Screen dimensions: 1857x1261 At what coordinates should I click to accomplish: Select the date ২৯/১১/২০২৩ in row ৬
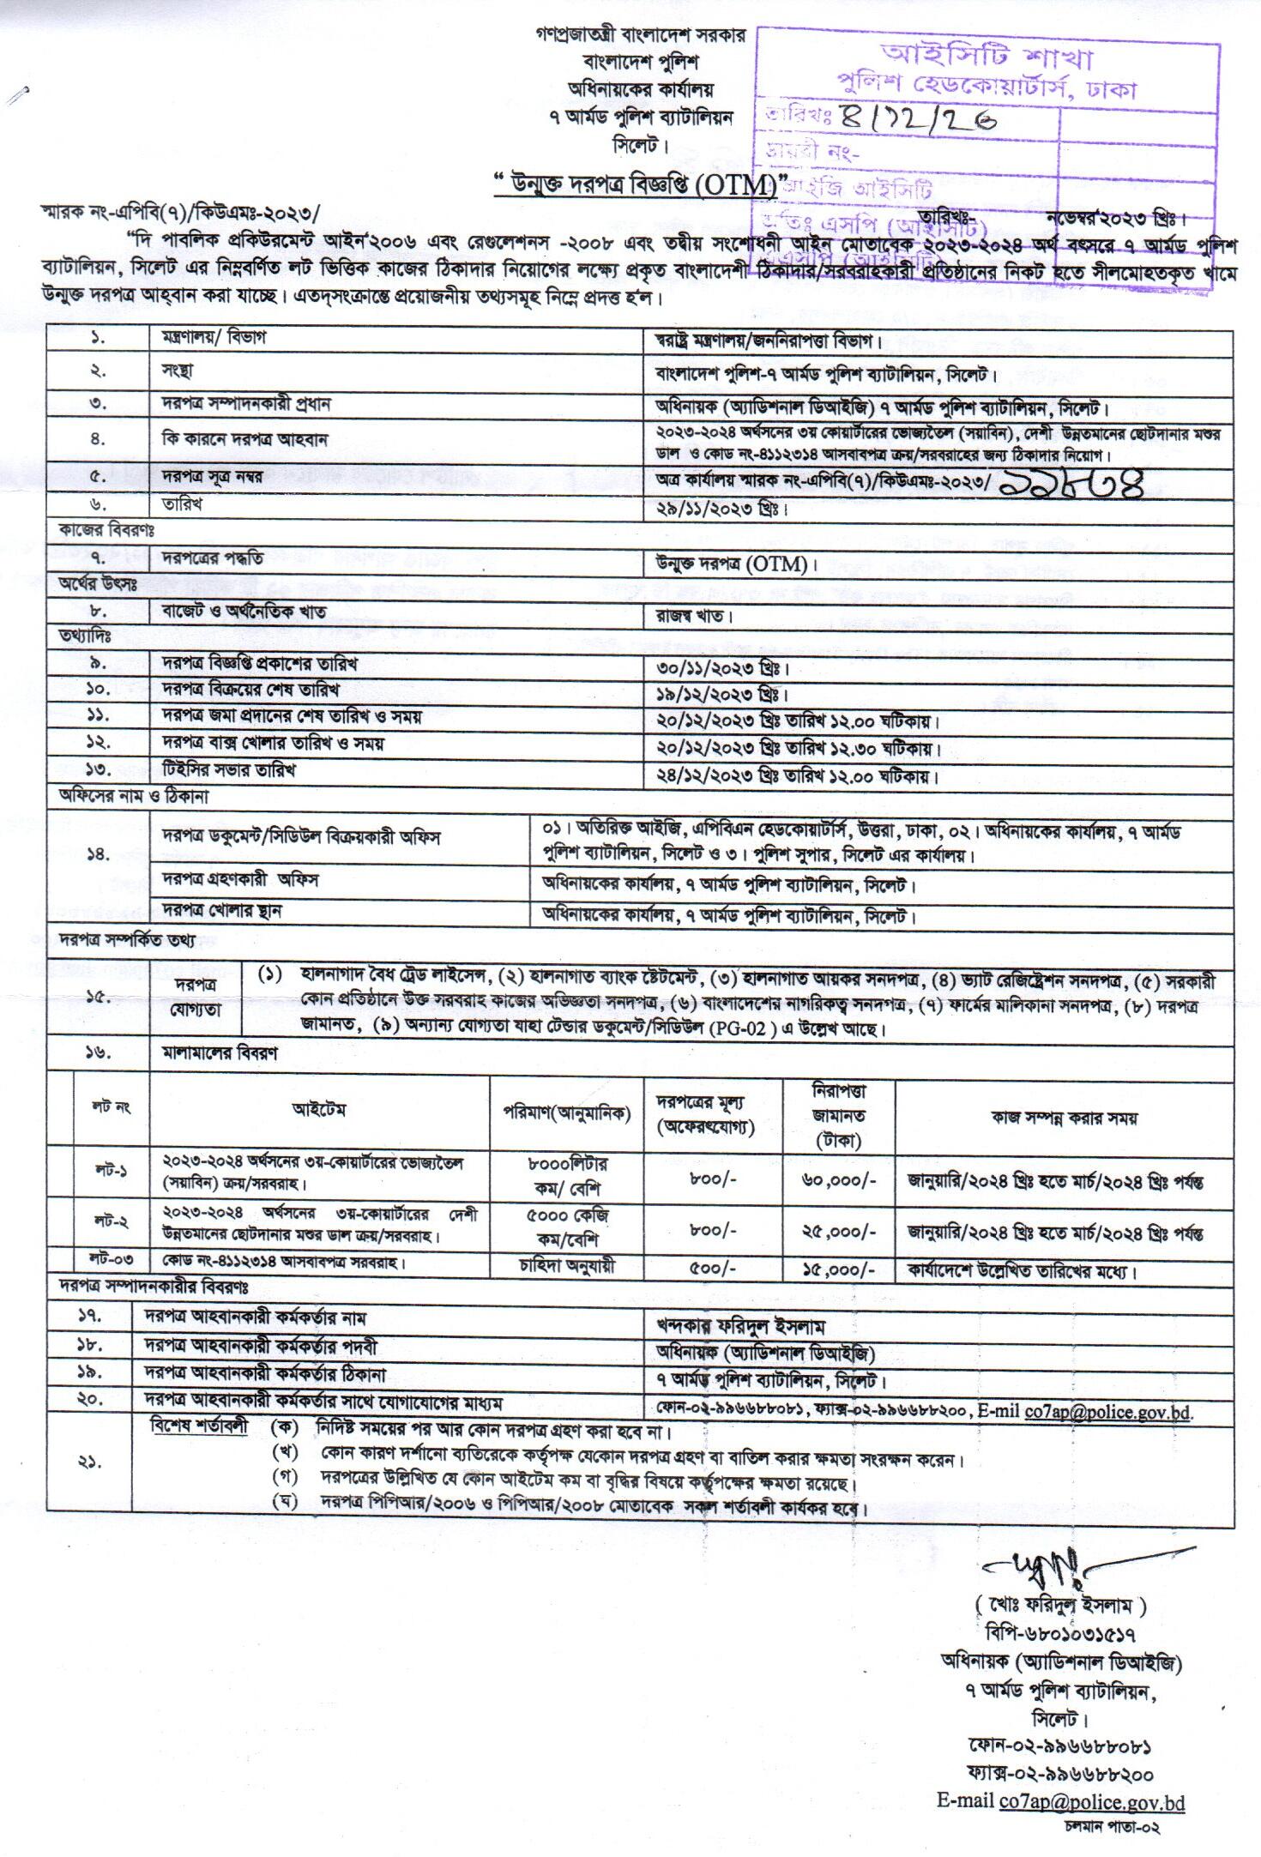pyautogui.click(x=718, y=508)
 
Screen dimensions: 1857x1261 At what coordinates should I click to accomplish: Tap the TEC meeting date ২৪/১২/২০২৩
pyautogui.click(x=718, y=776)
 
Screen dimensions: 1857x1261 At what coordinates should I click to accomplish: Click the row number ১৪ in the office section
pyautogui.click(x=99, y=853)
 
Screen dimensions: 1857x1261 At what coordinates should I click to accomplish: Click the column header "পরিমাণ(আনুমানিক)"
pyautogui.click(x=567, y=1113)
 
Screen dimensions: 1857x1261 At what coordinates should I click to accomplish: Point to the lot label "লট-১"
pyautogui.click(x=112, y=1170)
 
